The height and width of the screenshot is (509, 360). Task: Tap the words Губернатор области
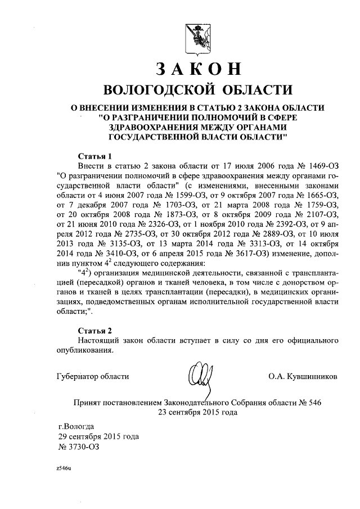coord(93,376)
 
